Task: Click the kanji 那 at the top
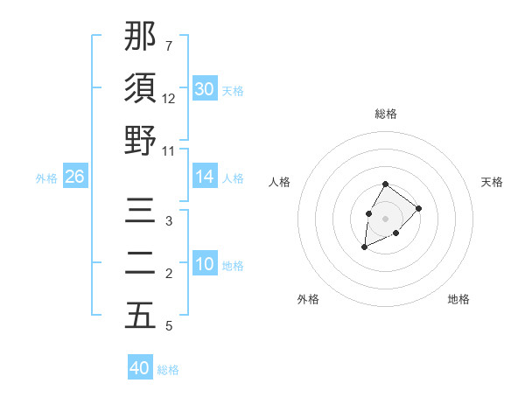[140, 38]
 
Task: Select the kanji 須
[140, 88]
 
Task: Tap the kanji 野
[140, 141]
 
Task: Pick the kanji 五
[140, 316]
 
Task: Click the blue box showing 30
[204, 89]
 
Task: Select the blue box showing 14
[204, 177]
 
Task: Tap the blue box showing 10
[204, 264]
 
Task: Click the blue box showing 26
[74, 177]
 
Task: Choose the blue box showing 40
[140, 368]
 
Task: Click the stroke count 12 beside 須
[169, 99]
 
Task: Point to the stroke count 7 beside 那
[169, 45]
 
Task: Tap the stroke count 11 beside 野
[169, 150]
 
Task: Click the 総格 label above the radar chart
[386, 114]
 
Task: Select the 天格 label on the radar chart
[493, 182]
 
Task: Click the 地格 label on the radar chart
[458, 299]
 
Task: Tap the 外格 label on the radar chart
[308, 299]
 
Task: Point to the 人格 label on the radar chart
[280, 182]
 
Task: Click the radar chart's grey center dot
[385, 218]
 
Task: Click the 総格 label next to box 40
[168, 370]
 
